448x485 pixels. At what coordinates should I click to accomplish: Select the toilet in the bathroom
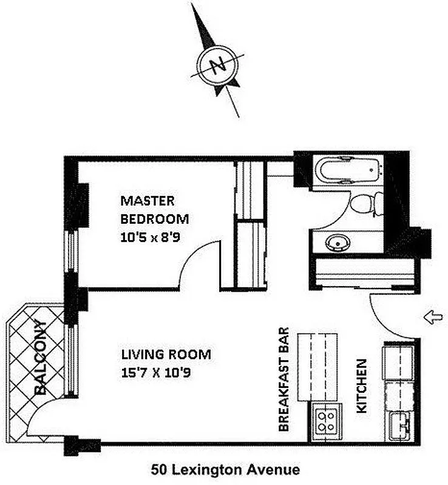tap(367, 202)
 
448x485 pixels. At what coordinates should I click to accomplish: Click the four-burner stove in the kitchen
tap(326, 420)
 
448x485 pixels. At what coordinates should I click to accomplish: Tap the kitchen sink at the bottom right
tap(401, 424)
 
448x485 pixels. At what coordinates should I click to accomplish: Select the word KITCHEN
tap(361, 386)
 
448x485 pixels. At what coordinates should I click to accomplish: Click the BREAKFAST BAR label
tap(283, 380)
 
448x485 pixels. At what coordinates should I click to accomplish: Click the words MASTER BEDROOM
tap(154, 210)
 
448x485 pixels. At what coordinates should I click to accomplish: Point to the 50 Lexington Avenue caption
tap(225, 469)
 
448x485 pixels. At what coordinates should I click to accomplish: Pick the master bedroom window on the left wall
tap(72, 252)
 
